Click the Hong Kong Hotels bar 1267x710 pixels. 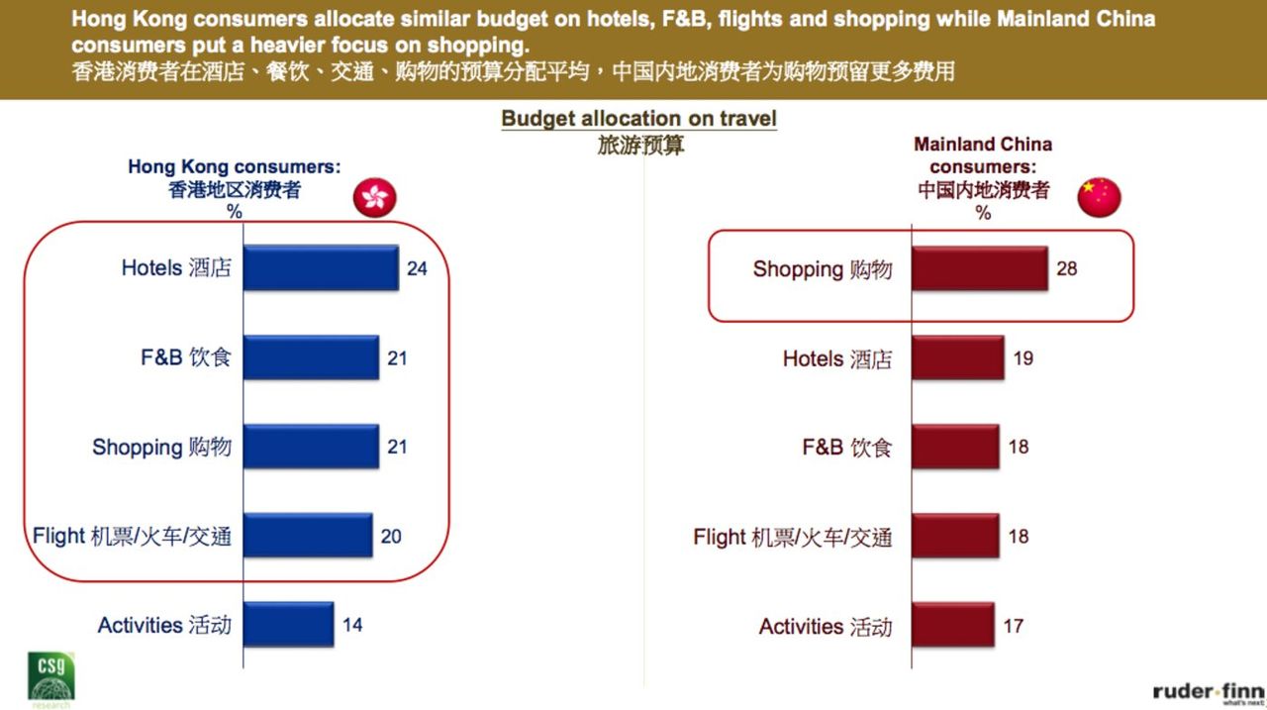(321, 267)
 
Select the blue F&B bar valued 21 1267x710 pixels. (311, 357)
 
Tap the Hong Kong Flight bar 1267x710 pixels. (308, 536)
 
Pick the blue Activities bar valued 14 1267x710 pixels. (288, 625)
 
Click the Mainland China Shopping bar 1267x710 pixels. (979, 268)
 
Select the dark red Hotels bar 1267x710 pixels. (957, 357)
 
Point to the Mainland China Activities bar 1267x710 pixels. (952, 626)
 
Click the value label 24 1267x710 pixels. (417, 268)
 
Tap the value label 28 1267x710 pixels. (1066, 268)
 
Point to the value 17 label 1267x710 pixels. (1013, 626)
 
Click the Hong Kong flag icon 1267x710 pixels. (375, 198)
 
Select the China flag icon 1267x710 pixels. (1099, 198)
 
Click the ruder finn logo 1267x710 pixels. (1208, 692)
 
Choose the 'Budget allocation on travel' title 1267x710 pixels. (638, 119)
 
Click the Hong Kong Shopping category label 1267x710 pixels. (161, 448)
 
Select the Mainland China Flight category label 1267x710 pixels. (792, 537)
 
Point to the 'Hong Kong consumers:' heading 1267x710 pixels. (234, 167)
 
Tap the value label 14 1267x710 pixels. (352, 626)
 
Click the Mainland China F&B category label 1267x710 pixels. (846, 448)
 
